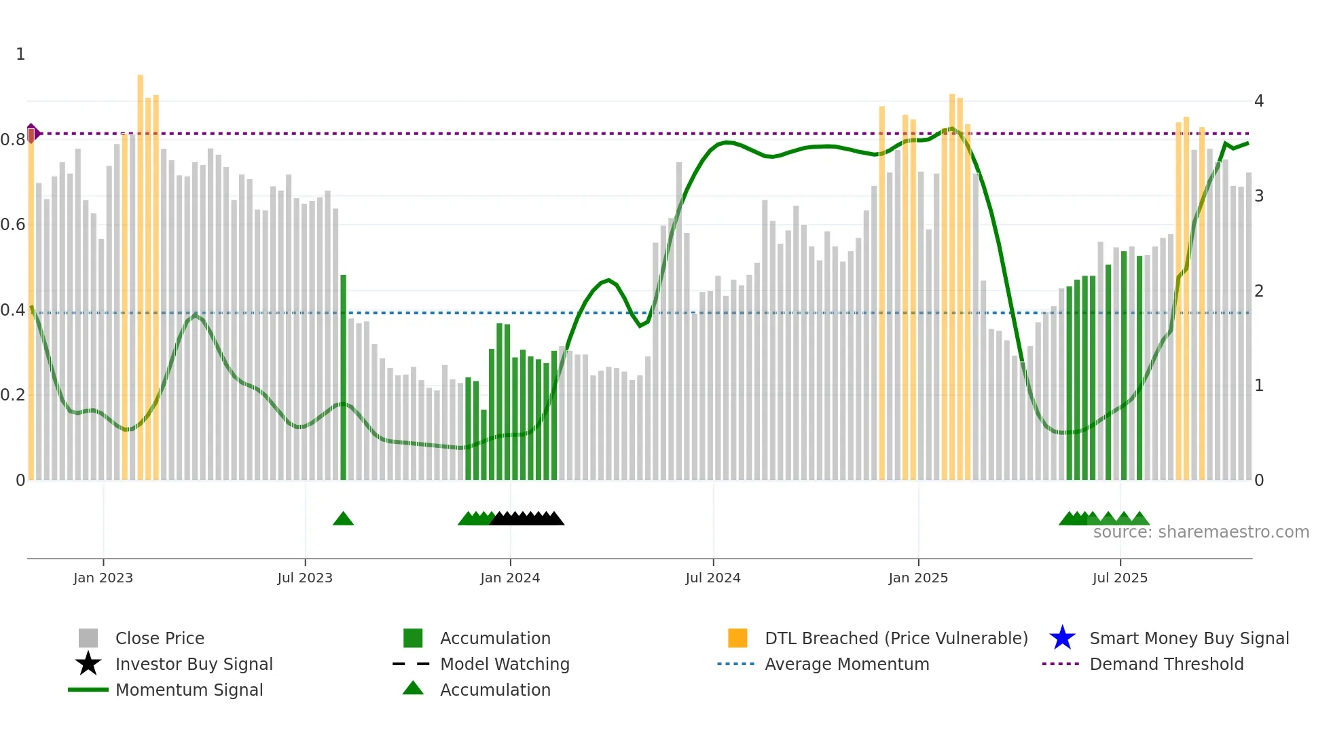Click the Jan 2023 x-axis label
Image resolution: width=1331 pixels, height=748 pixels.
click(103, 578)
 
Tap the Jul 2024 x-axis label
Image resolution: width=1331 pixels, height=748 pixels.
click(712, 578)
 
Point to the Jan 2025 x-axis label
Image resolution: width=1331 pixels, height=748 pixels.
click(917, 578)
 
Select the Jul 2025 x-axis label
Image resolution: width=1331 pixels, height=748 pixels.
click(1119, 578)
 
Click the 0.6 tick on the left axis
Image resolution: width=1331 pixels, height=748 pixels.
click(13, 225)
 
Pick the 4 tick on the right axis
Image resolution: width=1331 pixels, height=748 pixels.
click(1258, 101)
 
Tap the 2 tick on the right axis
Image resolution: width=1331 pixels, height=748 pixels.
click(1258, 291)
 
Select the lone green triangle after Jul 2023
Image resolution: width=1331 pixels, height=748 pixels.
click(343, 519)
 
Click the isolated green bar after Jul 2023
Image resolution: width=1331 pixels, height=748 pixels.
click(343, 377)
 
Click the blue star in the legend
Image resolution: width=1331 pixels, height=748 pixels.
click(1062, 638)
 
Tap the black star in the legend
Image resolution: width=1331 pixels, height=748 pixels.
click(88, 664)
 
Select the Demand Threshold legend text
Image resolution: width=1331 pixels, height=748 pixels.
click(1166, 664)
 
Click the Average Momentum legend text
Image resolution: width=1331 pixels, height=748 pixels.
click(846, 664)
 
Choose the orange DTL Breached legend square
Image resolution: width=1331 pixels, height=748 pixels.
click(737, 638)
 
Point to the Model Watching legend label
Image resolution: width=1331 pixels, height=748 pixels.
click(505, 664)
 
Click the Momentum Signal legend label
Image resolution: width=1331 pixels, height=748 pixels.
click(189, 690)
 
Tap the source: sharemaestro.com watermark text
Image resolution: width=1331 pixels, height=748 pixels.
click(1201, 532)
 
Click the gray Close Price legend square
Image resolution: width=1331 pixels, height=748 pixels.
click(88, 638)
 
